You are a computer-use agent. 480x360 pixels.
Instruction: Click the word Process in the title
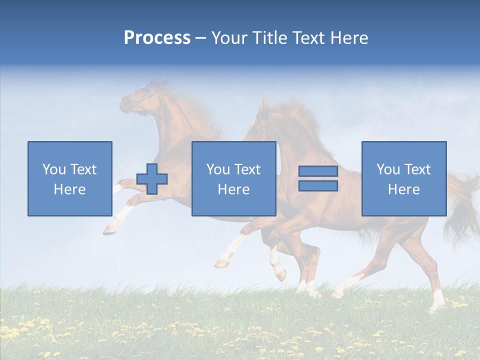157,38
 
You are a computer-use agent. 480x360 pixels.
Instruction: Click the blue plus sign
152,178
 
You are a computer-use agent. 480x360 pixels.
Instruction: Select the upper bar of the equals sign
318,171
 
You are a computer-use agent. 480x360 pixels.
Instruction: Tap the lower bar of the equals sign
318,186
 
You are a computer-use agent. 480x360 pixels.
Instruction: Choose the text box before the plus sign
70,178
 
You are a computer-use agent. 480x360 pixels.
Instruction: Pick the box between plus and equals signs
233,178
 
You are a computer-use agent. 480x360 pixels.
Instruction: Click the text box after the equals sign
403,178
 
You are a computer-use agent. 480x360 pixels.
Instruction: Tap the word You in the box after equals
388,169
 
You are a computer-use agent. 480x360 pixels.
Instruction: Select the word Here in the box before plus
69,189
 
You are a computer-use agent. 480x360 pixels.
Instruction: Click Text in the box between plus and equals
247,169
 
